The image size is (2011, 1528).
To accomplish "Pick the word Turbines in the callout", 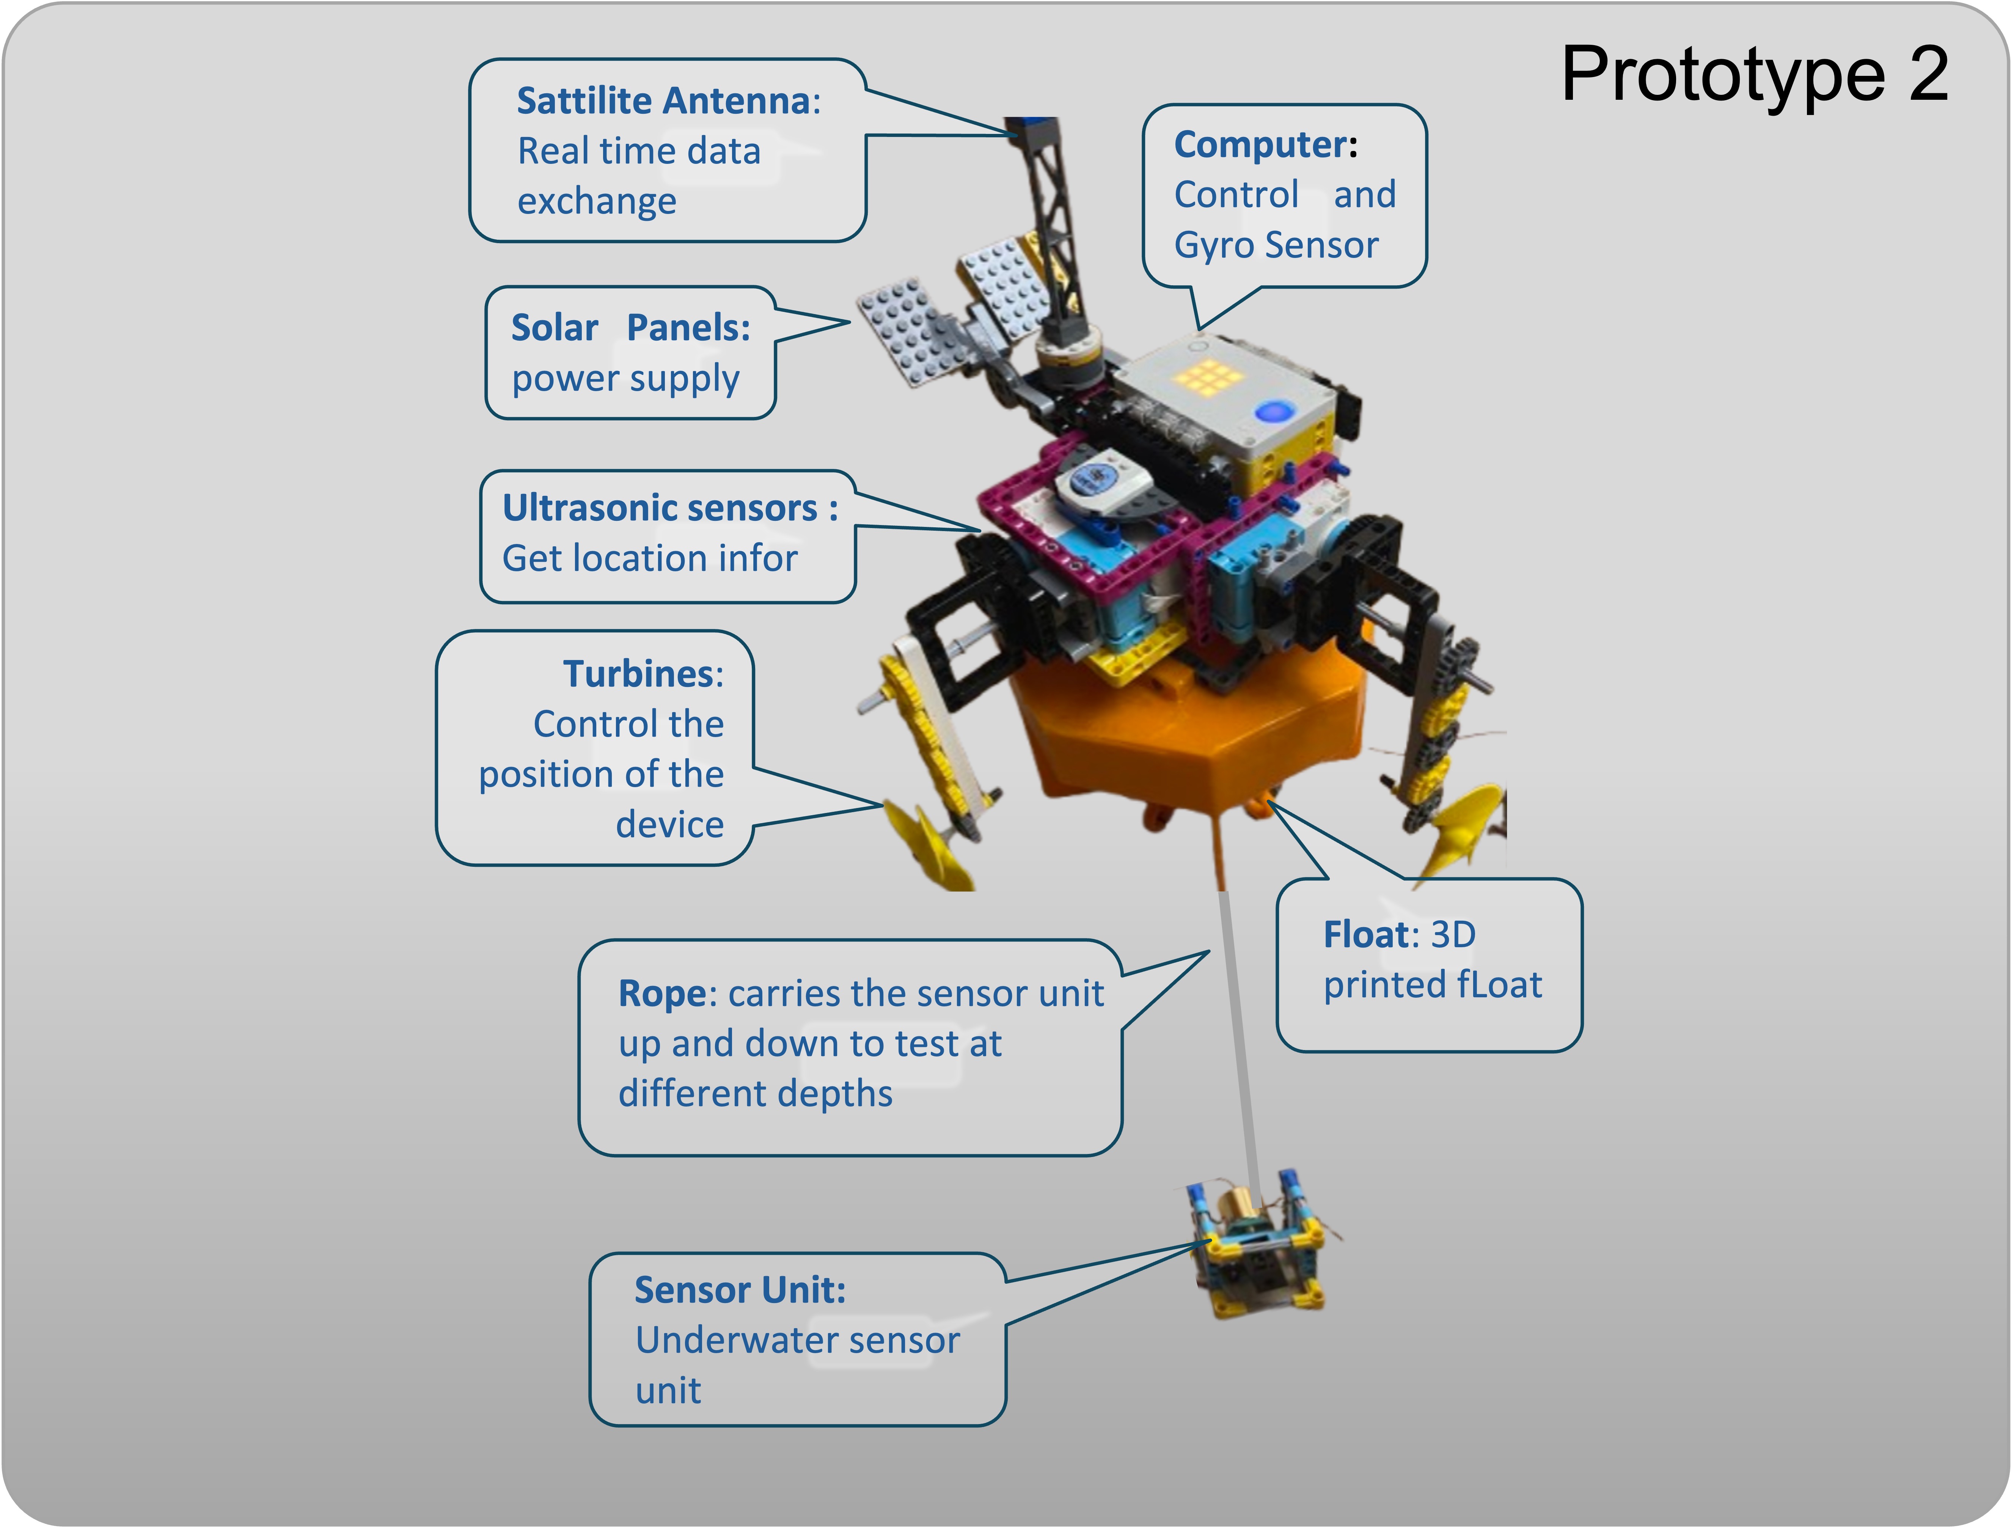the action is tap(638, 674).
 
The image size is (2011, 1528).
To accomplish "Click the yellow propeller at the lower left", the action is tap(923, 841).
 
